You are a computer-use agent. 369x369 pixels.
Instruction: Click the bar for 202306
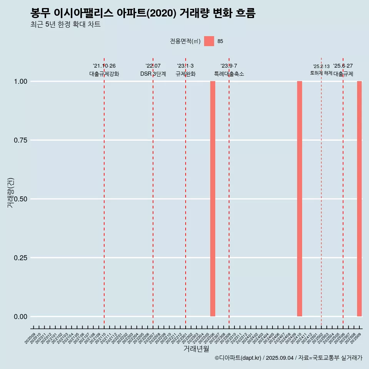pos(213,199)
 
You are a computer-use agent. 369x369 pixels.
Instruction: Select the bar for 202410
pos(299,199)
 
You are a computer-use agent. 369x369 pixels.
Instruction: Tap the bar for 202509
pos(359,199)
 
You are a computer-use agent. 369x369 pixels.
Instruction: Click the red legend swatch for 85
pos(209,41)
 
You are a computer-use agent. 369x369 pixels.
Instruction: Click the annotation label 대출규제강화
pos(104,74)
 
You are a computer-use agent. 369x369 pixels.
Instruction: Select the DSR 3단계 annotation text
pos(153,74)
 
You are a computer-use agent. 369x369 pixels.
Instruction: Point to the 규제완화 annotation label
pos(186,74)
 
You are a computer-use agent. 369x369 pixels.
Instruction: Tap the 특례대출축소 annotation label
pos(229,74)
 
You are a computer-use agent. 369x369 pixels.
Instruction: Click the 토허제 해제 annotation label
pos(321,73)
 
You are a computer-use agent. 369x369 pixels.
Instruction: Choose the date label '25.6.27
pos(343,66)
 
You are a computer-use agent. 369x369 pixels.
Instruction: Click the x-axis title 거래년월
pos(196,349)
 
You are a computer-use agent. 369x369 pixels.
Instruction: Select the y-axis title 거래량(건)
pos(10,193)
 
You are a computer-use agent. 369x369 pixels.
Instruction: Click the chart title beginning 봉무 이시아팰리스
pos(143,13)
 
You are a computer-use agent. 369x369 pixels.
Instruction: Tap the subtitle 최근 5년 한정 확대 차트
pos(65,25)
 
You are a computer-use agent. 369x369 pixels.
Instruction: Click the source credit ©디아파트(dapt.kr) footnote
pos(288,358)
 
